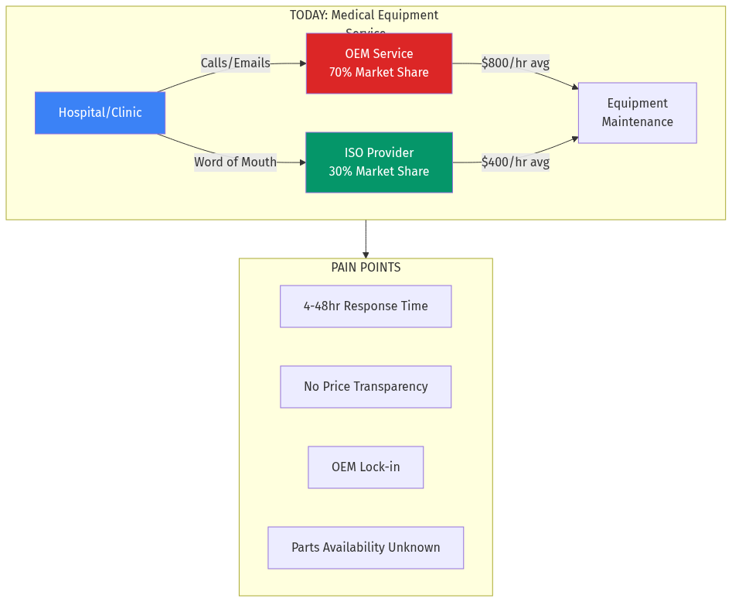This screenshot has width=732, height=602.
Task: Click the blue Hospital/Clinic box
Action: (100, 113)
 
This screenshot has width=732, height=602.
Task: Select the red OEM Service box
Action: (379, 63)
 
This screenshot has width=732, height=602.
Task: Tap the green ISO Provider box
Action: (379, 162)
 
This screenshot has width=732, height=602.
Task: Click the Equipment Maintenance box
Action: (637, 113)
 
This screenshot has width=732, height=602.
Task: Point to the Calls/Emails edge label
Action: (235, 63)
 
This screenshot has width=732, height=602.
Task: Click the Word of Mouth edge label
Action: (235, 162)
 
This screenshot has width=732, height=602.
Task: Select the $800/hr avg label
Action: (515, 63)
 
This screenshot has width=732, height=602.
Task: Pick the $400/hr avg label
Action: (515, 162)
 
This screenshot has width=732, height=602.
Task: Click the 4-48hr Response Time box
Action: (366, 306)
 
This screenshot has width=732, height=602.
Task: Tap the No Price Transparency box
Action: (366, 387)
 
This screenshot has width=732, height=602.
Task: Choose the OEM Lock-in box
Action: (366, 467)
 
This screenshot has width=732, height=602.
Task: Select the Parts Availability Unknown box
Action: (366, 548)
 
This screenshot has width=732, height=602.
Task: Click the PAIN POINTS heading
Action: (366, 268)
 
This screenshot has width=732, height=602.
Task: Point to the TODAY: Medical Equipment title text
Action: (363, 15)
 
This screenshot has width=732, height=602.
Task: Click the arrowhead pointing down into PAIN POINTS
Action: (366, 254)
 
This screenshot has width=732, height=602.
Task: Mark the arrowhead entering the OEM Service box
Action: (302, 63)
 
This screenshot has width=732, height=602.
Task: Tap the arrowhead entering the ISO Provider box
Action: (302, 162)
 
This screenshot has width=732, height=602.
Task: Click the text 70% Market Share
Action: (379, 73)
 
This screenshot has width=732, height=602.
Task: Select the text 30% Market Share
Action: (379, 172)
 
